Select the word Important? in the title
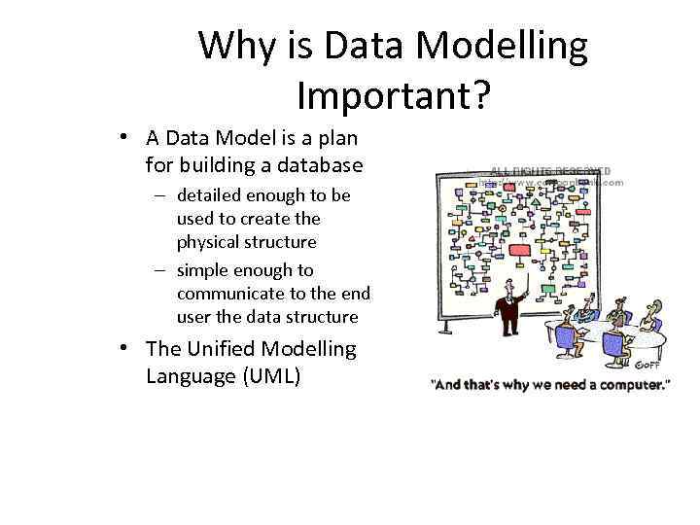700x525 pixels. pos(393,95)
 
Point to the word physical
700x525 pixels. pos(210,242)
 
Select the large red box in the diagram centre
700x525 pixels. pos(519,252)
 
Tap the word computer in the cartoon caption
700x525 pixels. pos(633,385)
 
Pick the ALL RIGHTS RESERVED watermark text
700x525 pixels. pos(550,171)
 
